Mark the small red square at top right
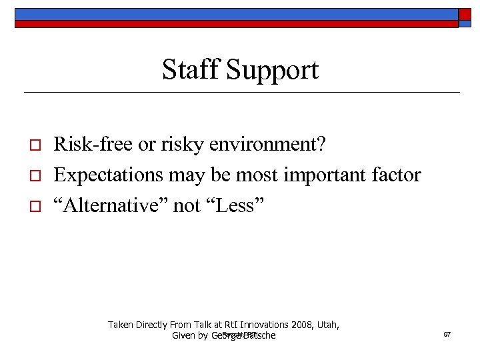[465, 14]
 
